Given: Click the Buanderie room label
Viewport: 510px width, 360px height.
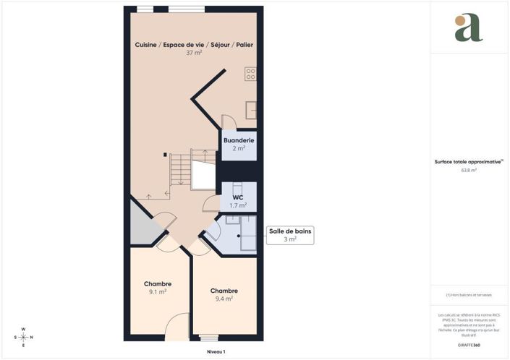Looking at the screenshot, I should [x=238, y=140].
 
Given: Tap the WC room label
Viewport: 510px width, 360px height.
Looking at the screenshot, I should [x=238, y=197].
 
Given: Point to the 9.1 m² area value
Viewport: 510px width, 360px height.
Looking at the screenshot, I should [x=158, y=292].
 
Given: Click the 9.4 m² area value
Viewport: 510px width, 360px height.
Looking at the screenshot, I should [x=224, y=299].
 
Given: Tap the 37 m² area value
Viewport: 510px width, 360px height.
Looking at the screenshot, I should [x=194, y=53].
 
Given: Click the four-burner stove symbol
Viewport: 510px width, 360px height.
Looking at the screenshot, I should [x=250, y=73].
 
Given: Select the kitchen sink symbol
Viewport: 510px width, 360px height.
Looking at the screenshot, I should [x=250, y=109].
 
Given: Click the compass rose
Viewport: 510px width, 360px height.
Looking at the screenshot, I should [x=23, y=337].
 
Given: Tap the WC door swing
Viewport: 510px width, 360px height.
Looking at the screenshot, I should [x=211, y=203].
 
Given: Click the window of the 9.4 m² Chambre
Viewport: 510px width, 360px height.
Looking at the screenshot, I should [x=208, y=338].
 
